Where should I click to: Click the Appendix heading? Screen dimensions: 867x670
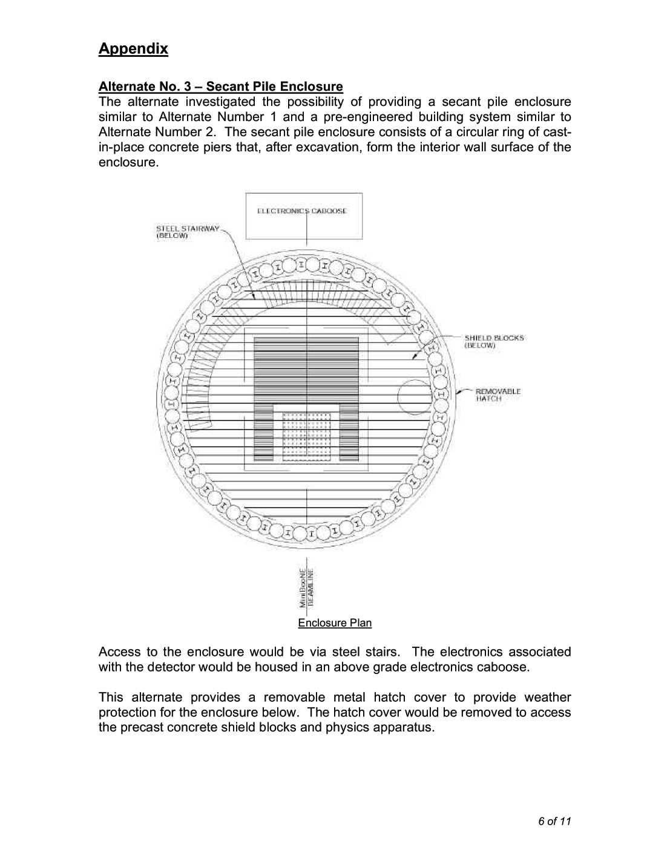pyautogui.click(x=133, y=49)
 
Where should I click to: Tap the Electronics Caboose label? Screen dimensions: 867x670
pyautogui.click(x=302, y=211)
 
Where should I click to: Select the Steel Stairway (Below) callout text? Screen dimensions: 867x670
pyautogui.click(x=188, y=232)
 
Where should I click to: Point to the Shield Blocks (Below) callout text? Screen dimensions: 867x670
pyautogui.click(x=494, y=341)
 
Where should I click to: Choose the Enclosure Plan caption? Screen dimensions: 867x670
pyautogui.click(x=335, y=623)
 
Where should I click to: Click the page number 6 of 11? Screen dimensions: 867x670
pyautogui.click(x=555, y=821)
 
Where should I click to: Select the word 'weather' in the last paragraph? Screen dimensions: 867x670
pyautogui.click(x=548, y=697)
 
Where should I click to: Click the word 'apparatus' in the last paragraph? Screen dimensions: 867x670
pyautogui.click(x=404, y=727)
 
